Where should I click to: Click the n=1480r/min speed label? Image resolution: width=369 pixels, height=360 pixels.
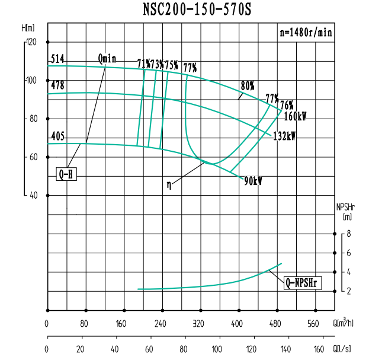tap(306, 33)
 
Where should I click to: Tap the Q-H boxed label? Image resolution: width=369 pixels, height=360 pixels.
tap(67, 174)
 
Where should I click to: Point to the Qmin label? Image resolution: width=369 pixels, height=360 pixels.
tap(107, 58)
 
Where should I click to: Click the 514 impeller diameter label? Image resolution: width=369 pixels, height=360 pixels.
tap(57, 59)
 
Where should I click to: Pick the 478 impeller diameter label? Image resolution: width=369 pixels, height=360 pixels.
tap(57, 85)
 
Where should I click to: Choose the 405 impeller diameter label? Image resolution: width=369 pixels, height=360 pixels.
tap(57, 136)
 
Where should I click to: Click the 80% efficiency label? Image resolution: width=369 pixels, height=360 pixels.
tap(247, 84)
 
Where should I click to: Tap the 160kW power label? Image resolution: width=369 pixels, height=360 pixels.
tap(295, 116)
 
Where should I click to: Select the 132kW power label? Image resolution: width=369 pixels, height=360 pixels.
tap(284, 136)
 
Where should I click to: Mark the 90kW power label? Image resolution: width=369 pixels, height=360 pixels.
tap(253, 181)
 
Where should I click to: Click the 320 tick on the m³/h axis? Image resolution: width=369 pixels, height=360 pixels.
tap(198, 324)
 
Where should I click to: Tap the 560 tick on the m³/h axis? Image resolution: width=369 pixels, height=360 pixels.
tap(313, 324)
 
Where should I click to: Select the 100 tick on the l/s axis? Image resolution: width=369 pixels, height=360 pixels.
tap(218, 349)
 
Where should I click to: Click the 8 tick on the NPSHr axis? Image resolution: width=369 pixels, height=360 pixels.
tap(349, 234)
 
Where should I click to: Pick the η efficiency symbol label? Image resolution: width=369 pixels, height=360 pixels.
tap(169, 184)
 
